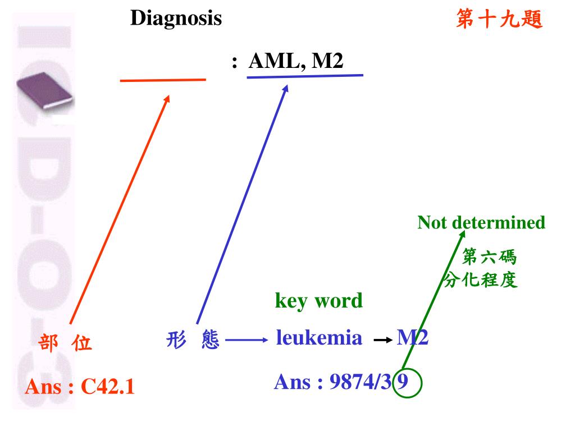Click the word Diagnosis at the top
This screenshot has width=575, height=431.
coord(176,19)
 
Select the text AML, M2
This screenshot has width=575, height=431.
coord(295,61)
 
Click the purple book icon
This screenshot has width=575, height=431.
coord(44,90)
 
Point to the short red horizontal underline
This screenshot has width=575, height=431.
coord(163,80)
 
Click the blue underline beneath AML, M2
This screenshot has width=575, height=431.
coord(305,76)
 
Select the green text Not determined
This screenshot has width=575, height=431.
coord(481,223)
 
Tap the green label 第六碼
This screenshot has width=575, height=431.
coord(489,258)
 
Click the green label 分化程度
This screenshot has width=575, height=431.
coord(481,279)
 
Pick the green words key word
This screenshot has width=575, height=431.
coord(318,301)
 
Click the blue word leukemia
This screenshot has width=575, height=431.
coord(319,337)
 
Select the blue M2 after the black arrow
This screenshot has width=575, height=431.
coord(413,337)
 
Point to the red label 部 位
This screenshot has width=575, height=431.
coord(65,342)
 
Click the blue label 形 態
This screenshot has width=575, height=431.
coord(193,340)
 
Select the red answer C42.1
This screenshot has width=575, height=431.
coord(108,387)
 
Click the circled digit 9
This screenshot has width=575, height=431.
coord(403,383)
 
